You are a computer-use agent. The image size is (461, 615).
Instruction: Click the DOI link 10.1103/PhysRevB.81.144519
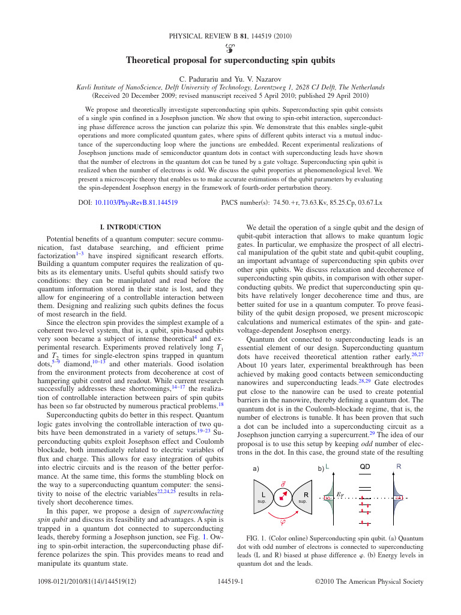(x=136, y=203)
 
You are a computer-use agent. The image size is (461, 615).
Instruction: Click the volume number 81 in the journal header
(x=244, y=36)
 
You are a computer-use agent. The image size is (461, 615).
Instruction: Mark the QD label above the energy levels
(x=365, y=466)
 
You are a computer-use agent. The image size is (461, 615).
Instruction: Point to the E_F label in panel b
(x=340, y=494)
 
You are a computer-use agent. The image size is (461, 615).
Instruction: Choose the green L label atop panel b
(x=328, y=466)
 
